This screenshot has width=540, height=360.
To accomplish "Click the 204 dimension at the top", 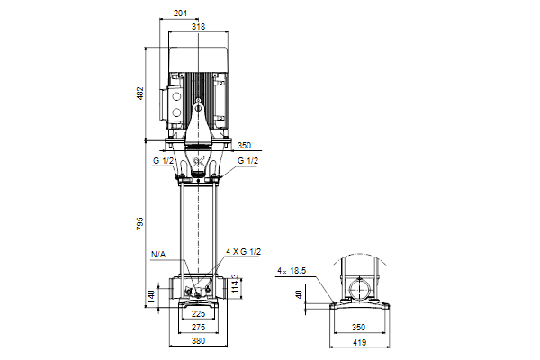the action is [180, 13].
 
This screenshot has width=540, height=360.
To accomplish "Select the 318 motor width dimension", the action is [198, 26].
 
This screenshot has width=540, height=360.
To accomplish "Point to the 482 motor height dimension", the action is [140, 94].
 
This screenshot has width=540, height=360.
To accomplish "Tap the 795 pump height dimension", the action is [140, 224].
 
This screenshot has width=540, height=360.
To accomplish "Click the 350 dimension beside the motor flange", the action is [245, 146].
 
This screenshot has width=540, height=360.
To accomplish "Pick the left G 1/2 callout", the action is [163, 161].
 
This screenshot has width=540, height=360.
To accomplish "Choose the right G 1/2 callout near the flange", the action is [248, 161].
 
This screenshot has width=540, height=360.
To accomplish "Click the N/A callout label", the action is [158, 255].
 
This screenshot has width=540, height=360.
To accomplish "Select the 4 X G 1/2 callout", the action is [244, 252].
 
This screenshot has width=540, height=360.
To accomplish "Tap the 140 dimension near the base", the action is [152, 297].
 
